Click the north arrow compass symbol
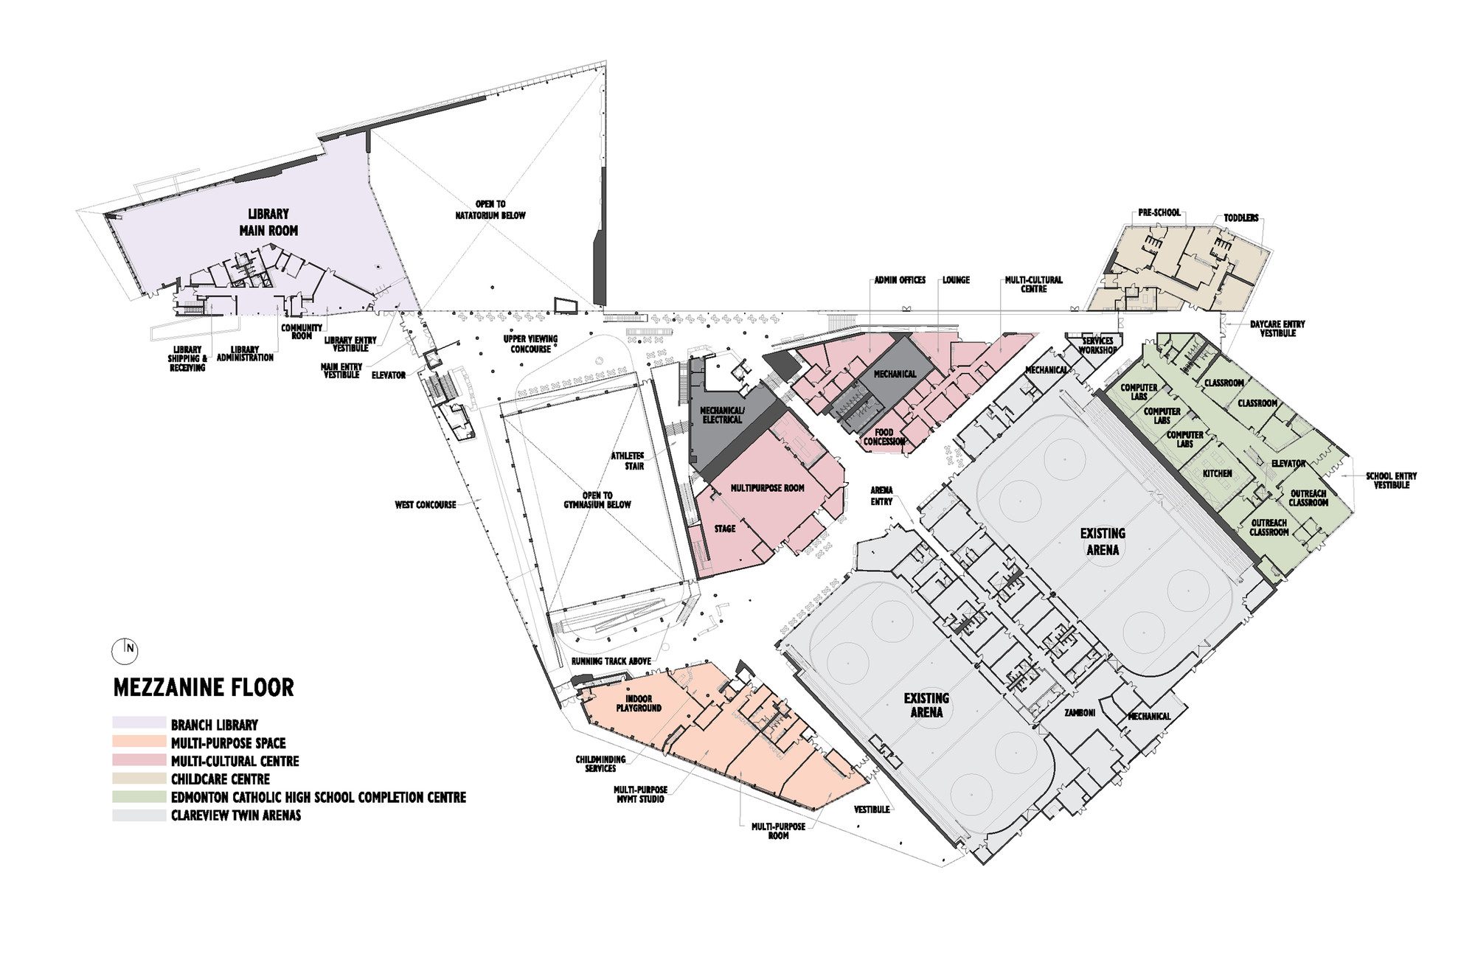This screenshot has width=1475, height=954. point(125,650)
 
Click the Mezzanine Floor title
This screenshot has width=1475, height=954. point(204,688)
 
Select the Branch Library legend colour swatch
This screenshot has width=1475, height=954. point(139,724)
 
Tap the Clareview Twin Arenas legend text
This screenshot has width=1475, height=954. point(236,815)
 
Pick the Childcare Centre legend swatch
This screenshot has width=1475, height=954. point(139,779)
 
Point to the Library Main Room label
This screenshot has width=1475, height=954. point(268,222)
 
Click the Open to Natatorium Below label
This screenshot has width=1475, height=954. point(490,210)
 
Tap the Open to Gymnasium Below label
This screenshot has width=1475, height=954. point(597,500)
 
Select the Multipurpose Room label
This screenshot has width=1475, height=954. point(767,488)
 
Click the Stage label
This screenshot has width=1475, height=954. point(725,529)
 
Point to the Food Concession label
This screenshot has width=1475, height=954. point(884,436)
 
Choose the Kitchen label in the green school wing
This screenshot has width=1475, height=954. point(1218,473)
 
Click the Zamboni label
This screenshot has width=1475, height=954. point(1080,713)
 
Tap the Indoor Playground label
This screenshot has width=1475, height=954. point(639,703)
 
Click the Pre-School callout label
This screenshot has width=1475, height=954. point(1159,212)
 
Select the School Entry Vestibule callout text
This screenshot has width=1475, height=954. point(1391,480)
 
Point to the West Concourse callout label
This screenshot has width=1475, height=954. point(426,505)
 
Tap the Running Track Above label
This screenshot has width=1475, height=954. point(611,661)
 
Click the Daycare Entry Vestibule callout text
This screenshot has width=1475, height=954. point(1277,328)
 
